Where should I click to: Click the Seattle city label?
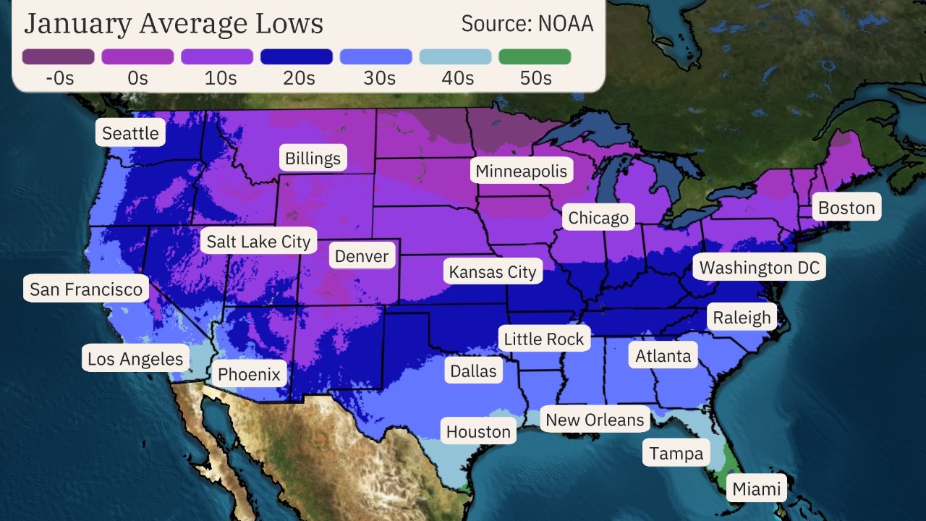pos(130,133)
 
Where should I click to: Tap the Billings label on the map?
pos(313,158)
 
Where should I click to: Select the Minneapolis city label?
pos(521,171)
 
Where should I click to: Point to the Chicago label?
pos(598,217)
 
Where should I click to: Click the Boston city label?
pos(846,208)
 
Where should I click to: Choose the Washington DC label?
pos(760,268)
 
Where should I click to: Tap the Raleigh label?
pos(742,318)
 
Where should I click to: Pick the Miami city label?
pos(757,488)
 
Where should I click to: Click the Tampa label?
pos(676,454)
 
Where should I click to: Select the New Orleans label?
pos(595,420)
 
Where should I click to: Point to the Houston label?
pos(478,432)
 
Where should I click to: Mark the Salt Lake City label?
pos(258,241)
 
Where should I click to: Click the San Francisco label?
pos(86,289)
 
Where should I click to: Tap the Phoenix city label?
pos(249,374)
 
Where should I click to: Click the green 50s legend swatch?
pos(535,56)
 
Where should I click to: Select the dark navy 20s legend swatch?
pos(297,56)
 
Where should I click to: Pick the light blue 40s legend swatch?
pos(455,56)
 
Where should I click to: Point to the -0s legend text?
pos(59,78)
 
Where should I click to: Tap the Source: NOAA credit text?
pos(527,24)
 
